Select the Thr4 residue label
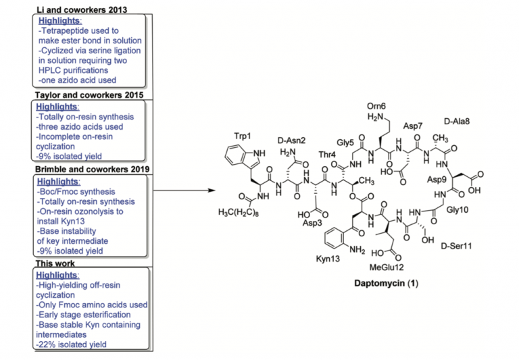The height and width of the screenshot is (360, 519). [328, 155]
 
